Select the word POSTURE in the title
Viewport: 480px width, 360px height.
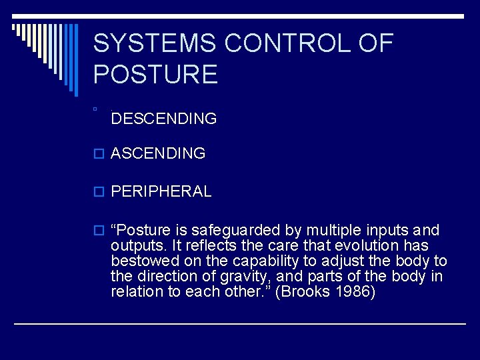click(155, 74)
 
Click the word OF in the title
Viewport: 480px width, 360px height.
click(376, 43)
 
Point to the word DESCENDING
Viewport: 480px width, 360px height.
click(164, 119)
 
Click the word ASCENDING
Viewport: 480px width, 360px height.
click(158, 153)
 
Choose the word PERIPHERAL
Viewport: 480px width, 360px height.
click(161, 191)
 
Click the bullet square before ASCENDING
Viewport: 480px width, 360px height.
click(100, 154)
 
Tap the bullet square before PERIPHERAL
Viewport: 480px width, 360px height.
click(100, 192)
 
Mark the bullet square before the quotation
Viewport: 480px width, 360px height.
click(100, 231)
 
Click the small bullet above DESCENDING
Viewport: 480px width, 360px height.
click(96, 108)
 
